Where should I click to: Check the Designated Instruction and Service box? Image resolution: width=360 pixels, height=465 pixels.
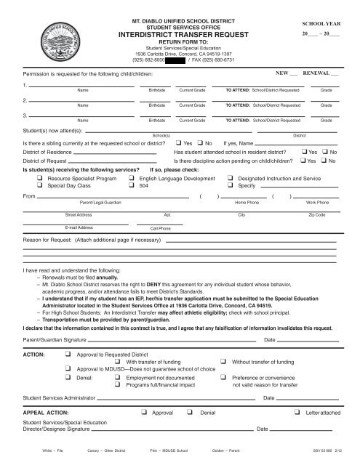tap(230, 178)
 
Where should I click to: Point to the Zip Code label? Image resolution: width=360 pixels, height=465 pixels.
tap(317, 216)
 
